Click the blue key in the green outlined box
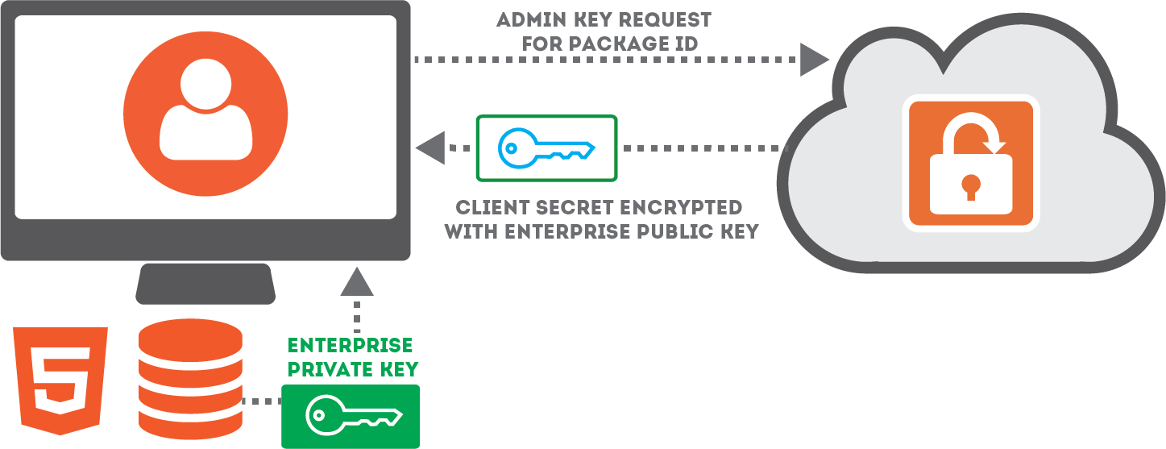coord(546,148)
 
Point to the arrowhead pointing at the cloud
coord(814,59)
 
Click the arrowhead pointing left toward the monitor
coord(430,148)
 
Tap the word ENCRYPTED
coord(683,206)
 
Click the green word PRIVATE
coord(323,370)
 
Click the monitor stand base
coord(205,284)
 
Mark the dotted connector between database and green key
coord(261,401)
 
